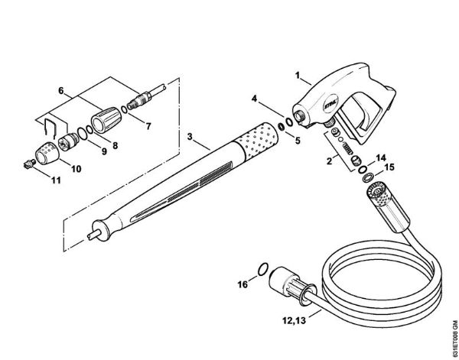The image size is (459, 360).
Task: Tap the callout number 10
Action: pos(76,167)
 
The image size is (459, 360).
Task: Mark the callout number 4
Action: pos(257,98)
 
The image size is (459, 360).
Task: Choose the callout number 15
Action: pos(389,167)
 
